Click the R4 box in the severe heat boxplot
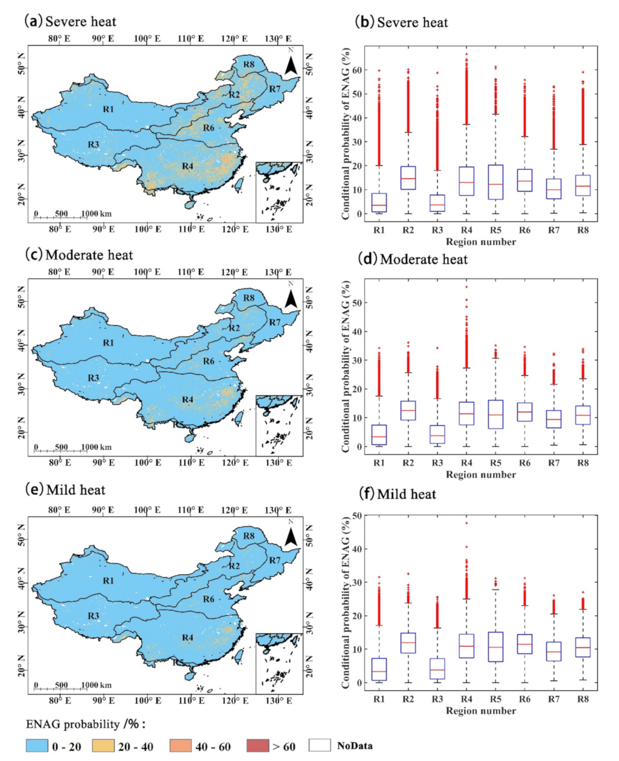coord(467,181)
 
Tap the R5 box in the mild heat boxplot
coord(495,647)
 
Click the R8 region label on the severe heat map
coord(249,64)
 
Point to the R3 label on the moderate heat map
coord(94,378)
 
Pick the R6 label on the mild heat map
coord(209,599)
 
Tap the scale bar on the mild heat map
coord(60,689)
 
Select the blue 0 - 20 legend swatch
coord(37,745)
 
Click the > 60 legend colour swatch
coord(258,745)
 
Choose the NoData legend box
coord(320,745)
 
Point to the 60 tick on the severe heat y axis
coord(357,70)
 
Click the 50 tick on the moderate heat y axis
coord(357,302)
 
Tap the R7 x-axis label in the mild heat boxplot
coord(554,699)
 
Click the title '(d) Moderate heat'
coord(413,259)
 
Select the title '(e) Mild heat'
coord(65,490)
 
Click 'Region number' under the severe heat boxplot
coord(481,242)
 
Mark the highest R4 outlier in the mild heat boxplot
coord(467,523)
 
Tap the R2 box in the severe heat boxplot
coord(408,178)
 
